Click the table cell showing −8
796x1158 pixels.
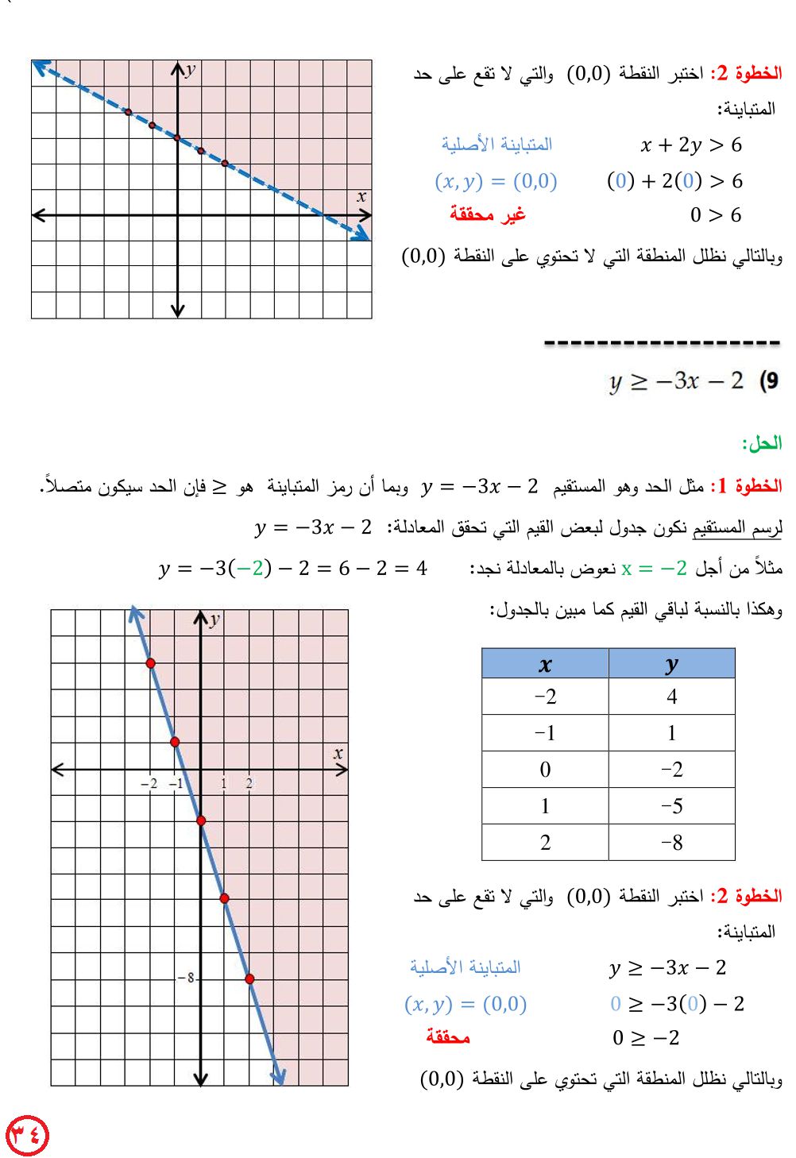tap(671, 842)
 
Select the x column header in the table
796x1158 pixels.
tap(545, 664)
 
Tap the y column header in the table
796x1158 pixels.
tap(671, 664)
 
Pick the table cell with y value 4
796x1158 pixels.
tap(671, 697)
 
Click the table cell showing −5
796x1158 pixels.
tap(671, 806)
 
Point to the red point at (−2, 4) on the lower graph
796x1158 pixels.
tap(151, 662)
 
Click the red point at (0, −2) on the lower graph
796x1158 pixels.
tap(201, 820)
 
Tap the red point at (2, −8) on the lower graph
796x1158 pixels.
tap(249, 979)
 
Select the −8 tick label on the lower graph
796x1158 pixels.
tap(186, 978)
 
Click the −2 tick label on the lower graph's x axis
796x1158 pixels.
tap(149, 784)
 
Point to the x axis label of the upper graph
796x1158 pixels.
tap(361, 196)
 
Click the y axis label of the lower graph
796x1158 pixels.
tap(214, 620)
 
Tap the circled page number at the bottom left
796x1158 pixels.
tap(27, 1135)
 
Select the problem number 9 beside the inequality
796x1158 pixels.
tap(769, 381)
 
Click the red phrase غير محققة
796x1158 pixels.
tap(488, 214)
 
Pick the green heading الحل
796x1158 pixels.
tap(762, 443)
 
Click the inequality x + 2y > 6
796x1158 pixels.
tap(691, 145)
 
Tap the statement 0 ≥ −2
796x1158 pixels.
tap(646, 1037)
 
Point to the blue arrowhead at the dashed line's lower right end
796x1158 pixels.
tap(363, 234)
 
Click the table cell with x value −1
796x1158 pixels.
tap(545, 733)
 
